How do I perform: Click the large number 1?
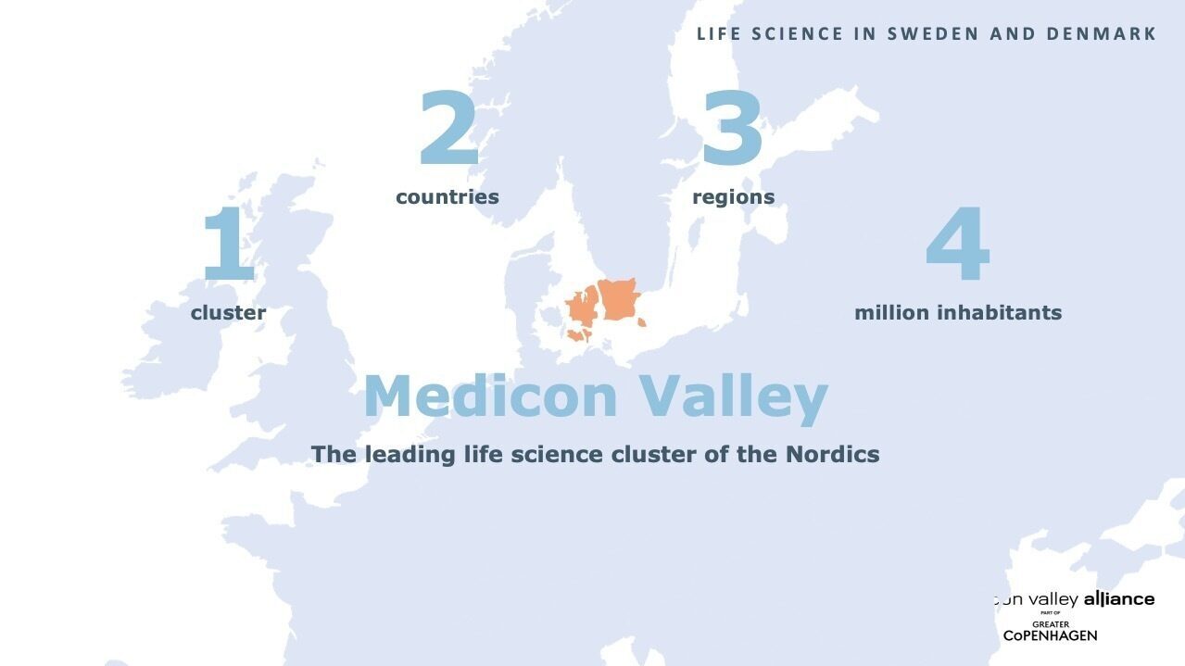[228, 244]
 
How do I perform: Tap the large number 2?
[448, 129]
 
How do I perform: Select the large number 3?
[732, 129]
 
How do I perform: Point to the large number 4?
[958, 245]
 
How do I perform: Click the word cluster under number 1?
[228, 313]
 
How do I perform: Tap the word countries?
[447, 197]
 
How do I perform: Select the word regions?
[733, 197]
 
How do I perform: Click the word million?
[891, 313]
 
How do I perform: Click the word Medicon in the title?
[490, 396]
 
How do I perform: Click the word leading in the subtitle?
[409, 455]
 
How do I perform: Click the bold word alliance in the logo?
[1119, 599]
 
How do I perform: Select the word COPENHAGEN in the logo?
[1050, 635]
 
